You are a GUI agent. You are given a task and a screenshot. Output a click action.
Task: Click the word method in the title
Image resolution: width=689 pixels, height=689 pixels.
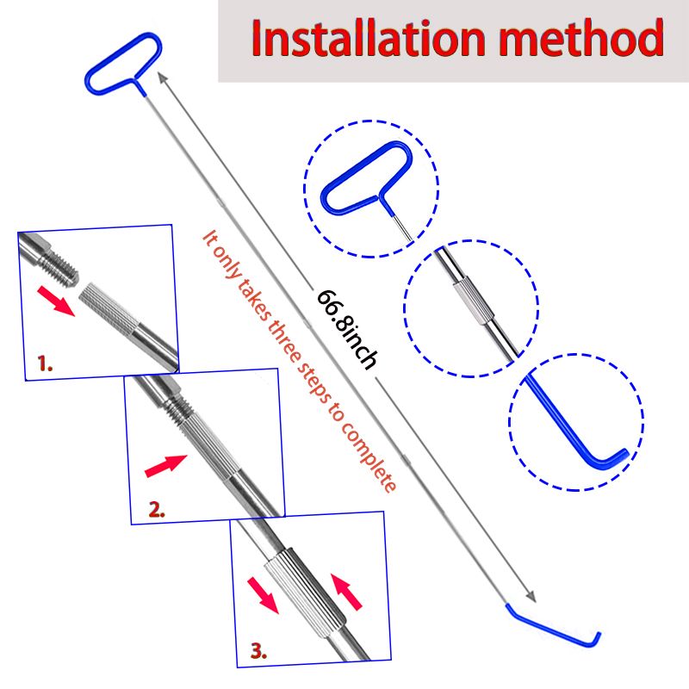pyautogui.click(x=580, y=38)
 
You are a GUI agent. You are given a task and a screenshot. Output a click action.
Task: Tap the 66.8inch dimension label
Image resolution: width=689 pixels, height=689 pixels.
pyautogui.click(x=347, y=328)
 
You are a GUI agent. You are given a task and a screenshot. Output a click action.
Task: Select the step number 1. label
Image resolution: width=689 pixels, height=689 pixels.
pyautogui.click(x=45, y=363)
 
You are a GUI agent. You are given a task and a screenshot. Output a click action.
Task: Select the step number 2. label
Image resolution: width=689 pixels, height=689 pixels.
pyautogui.click(x=157, y=509)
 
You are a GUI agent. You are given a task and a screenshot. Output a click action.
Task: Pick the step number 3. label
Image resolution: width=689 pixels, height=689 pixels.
pyautogui.click(x=259, y=651)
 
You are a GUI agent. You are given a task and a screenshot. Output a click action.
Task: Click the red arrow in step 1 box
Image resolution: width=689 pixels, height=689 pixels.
pyautogui.click(x=56, y=301)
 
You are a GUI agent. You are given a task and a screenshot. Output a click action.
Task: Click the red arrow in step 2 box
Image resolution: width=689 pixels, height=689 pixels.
pyautogui.click(x=165, y=465)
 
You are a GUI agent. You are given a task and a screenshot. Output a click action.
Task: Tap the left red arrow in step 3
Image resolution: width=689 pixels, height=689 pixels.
pyautogui.click(x=263, y=595)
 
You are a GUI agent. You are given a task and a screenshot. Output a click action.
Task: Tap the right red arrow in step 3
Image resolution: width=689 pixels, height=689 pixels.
pyautogui.click(x=346, y=592)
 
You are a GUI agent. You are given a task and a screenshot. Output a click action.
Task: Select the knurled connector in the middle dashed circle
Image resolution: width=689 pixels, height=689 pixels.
pyautogui.click(x=474, y=301)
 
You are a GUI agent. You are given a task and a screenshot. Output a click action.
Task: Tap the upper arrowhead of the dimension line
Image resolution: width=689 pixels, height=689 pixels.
pyautogui.click(x=163, y=78)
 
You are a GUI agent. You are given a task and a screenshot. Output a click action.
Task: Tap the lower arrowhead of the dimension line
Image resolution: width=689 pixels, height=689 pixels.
pyautogui.click(x=531, y=597)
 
